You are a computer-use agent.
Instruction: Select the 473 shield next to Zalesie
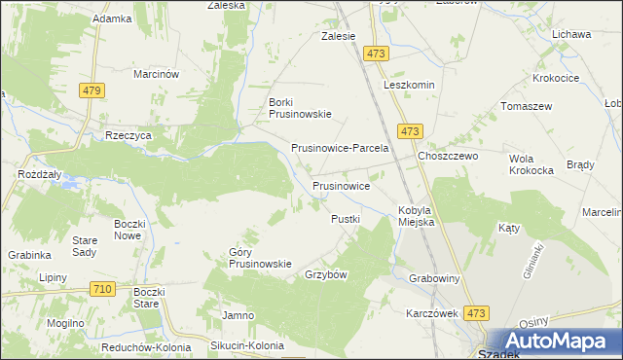(x=378, y=53)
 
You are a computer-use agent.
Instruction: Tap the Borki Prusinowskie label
(x=300, y=107)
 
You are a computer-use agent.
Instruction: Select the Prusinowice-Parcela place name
(x=341, y=149)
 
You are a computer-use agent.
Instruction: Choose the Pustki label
(x=346, y=219)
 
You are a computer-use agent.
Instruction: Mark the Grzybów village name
(x=326, y=274)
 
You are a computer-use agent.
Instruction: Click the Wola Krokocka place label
(x=531, y=163)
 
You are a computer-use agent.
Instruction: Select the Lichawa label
(x=571, y=34)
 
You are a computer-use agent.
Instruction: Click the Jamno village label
(x=238, y=315)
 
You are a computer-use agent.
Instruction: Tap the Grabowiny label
(x=434, y=278)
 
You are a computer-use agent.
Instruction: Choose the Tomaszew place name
(x=526, y=106)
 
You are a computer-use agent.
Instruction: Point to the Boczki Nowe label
(x=128, y=229)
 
